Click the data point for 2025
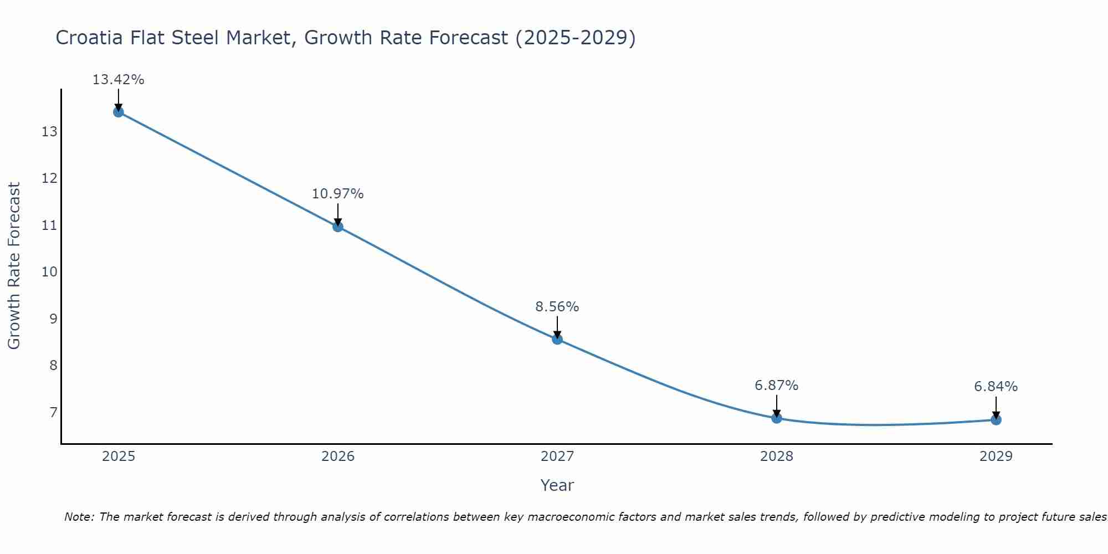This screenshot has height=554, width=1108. tap(119, 112)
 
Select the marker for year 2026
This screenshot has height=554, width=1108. tap(338, 226)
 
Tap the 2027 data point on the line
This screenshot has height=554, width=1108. tap(557, 339)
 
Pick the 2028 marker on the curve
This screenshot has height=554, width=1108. tap(777, 418)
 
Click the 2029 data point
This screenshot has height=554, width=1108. tap(996, 419)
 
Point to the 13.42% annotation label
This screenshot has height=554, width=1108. tap(118, 80)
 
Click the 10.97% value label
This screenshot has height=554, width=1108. tap(337, 194)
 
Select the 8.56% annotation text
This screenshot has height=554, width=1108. tap(557, 307)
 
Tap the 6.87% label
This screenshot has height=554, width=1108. tap(776, 386)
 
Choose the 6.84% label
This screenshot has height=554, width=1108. tap(996, 387)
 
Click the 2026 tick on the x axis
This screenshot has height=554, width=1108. tap(338, 456)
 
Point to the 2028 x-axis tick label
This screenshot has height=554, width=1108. tap(777, 456)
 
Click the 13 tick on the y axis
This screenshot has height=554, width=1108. tap(49, 132)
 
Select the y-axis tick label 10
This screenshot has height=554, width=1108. tap(49, 272)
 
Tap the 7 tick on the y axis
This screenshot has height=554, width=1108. tap(53, 412)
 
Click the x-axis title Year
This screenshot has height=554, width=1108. tap(557, 485)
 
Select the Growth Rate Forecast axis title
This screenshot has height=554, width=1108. tap(14, 266)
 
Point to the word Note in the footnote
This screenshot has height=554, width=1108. tap(79, 517)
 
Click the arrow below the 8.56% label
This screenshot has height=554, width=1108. tap(557, 327)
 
